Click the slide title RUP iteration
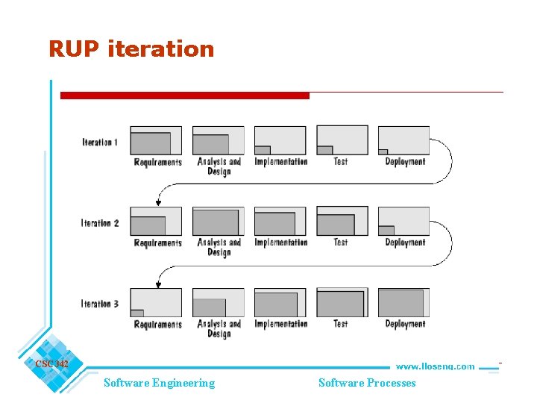click(x=131, y=49)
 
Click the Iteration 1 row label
click(x=100, y=142)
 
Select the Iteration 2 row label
click(x=100, y=223)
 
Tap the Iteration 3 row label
click(x=100, y=304)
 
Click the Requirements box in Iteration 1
click(x=156, y=140)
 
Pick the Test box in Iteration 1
click(x=342, y=140)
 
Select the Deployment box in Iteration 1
click(x=403, y=140)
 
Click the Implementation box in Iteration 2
click(x=280, y=222)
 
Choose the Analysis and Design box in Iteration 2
click(x=218, y=222)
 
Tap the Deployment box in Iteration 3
click(x=403, y=303)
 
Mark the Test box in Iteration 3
click(x=342, y=303)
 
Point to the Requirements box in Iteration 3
click(x=156, y=303)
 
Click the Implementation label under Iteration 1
click(x=280, y=162)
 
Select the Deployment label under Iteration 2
click(x=405, y=243)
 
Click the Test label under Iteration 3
click(x=341, y=324)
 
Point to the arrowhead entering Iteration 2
click(x=158, y=202)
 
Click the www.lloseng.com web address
click(x=435, y=366)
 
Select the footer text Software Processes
click(x=367, y=383)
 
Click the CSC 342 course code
click(x=51, y=364)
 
